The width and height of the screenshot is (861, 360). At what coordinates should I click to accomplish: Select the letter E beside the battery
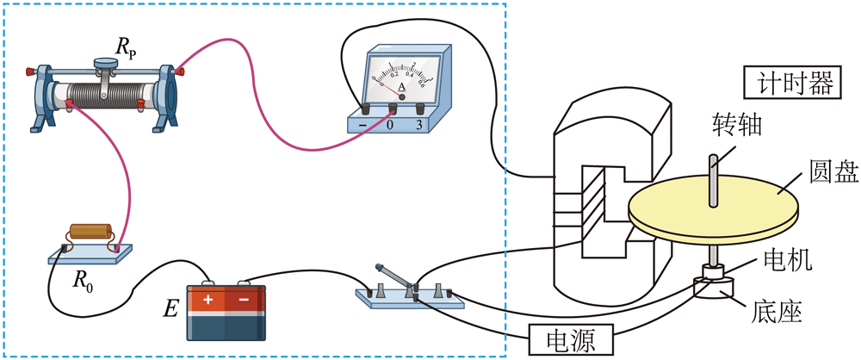171,307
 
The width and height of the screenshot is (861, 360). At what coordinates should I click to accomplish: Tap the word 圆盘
833,171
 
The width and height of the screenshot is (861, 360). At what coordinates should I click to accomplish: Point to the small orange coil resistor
90,233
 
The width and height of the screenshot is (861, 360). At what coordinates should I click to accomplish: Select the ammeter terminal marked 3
420,109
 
